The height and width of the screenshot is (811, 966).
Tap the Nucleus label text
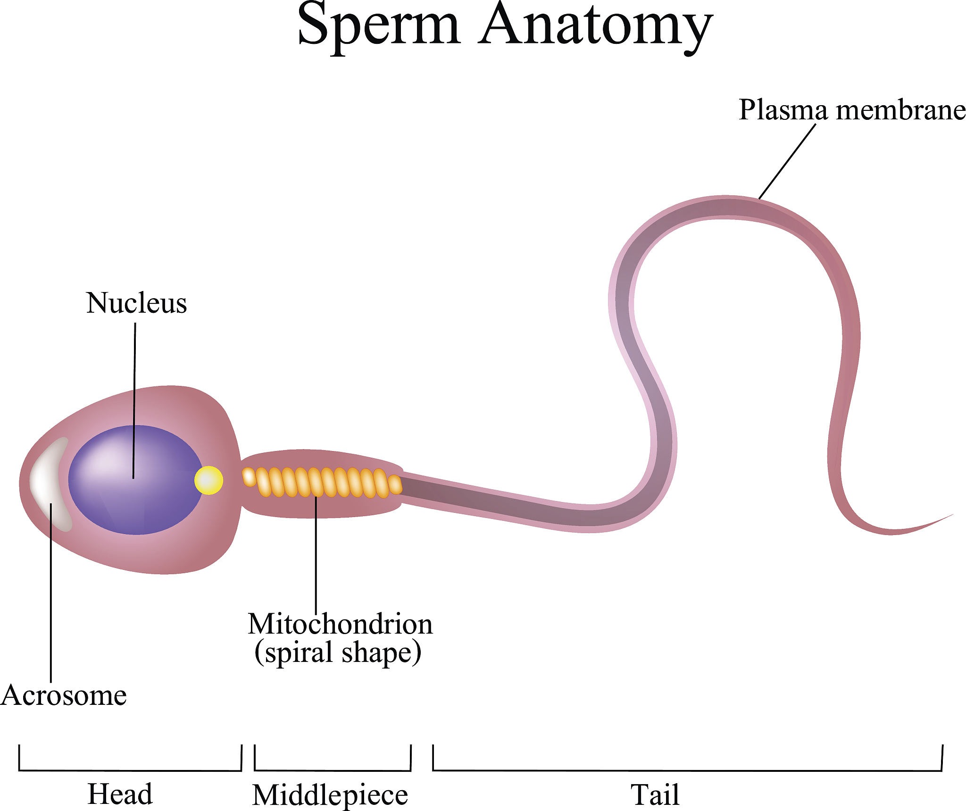(136, 303)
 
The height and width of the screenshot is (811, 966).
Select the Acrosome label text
(64, 695)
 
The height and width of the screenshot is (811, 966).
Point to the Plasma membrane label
(852, 110)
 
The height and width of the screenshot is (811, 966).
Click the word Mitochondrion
(340, 624)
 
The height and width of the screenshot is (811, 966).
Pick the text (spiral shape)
(338, 652)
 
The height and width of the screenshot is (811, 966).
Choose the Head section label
(120, 794)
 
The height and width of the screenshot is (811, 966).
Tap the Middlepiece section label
(330, 795)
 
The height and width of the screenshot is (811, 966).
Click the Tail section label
(655, 795)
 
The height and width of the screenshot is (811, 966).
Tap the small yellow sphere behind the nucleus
(208, 480)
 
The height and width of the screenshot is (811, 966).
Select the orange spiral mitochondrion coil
(323, 482)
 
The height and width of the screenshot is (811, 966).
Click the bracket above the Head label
(130, 771)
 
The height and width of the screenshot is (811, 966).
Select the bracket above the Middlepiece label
(333, 771)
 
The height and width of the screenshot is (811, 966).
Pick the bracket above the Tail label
(687, 771)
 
